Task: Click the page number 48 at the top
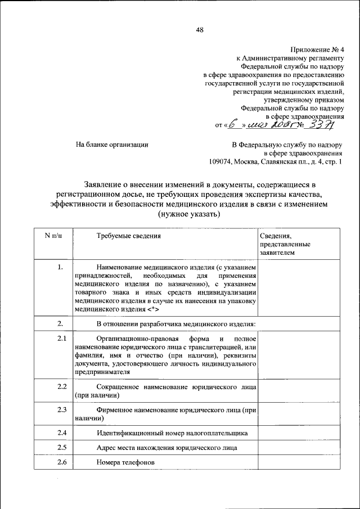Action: click(200, 30)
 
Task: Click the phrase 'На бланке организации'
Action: click(112, 145)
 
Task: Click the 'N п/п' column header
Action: click(53, 236)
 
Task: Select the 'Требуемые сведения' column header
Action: click(129, 236)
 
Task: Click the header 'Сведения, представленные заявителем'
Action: click(285, 245)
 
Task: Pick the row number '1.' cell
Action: click(60, 268)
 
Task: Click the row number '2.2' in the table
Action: click(62, 387)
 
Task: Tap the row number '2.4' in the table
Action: click(62, 433)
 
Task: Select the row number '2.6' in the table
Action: click(62, 462)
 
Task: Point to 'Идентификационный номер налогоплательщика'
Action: click(172, 433)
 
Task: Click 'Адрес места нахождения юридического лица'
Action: click(166, 448)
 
